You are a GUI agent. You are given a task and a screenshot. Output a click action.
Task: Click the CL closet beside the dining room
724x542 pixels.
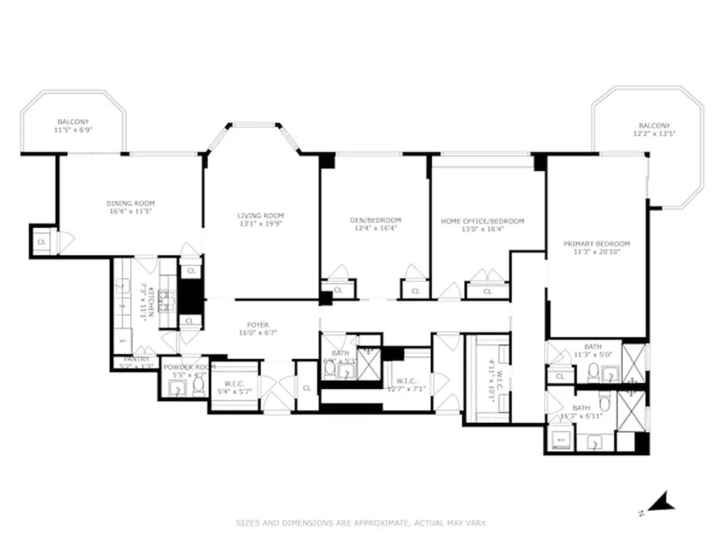tap(41, 241)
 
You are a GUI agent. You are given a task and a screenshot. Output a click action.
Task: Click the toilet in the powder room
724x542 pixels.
tap(198, 387)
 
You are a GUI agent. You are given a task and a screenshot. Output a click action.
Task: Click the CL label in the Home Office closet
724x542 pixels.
tap(487, 291)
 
